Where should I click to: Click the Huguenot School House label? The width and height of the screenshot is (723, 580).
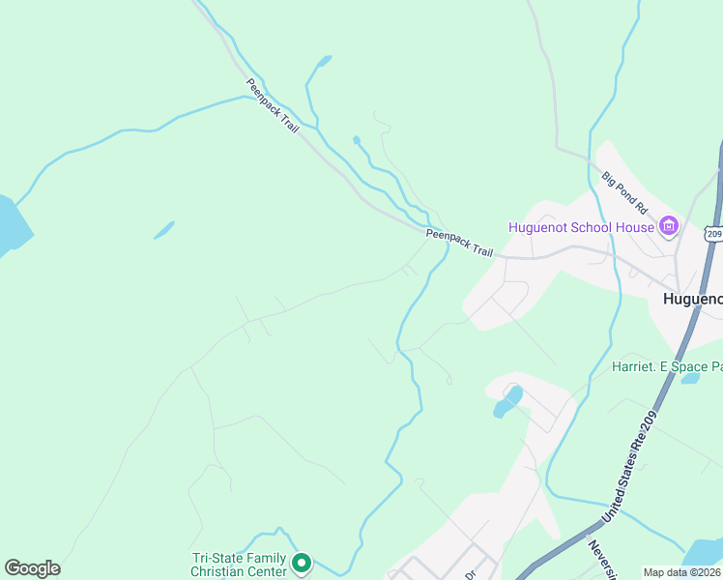click(x=582, y=228)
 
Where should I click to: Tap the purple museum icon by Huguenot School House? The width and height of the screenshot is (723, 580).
click(x=668, y=227)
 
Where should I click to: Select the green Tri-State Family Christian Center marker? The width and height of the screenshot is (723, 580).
click(x=302, y=562)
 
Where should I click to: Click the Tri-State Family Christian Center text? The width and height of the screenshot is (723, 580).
click(x=239, y=565)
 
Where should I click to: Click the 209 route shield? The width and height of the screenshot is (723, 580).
click(x=714, y=233)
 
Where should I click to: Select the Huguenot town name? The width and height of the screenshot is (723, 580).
click(x=692, y=299)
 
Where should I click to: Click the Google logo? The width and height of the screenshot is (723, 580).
click(x=32, y=568)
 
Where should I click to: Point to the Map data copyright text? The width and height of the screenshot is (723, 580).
click(x=682, y=572)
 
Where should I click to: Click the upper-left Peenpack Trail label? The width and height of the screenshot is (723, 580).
click(x=273, y=105)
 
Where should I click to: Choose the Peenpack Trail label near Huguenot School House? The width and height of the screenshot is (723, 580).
click(x=460, y=242)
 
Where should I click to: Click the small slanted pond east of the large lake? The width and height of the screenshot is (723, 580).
click(x=164, y=230)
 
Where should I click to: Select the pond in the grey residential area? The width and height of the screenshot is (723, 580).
click(x=507, y=401)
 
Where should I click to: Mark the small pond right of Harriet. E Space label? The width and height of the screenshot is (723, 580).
click(x=690, y=378)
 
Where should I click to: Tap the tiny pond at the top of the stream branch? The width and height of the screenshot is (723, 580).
click(x=357, y=140)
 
